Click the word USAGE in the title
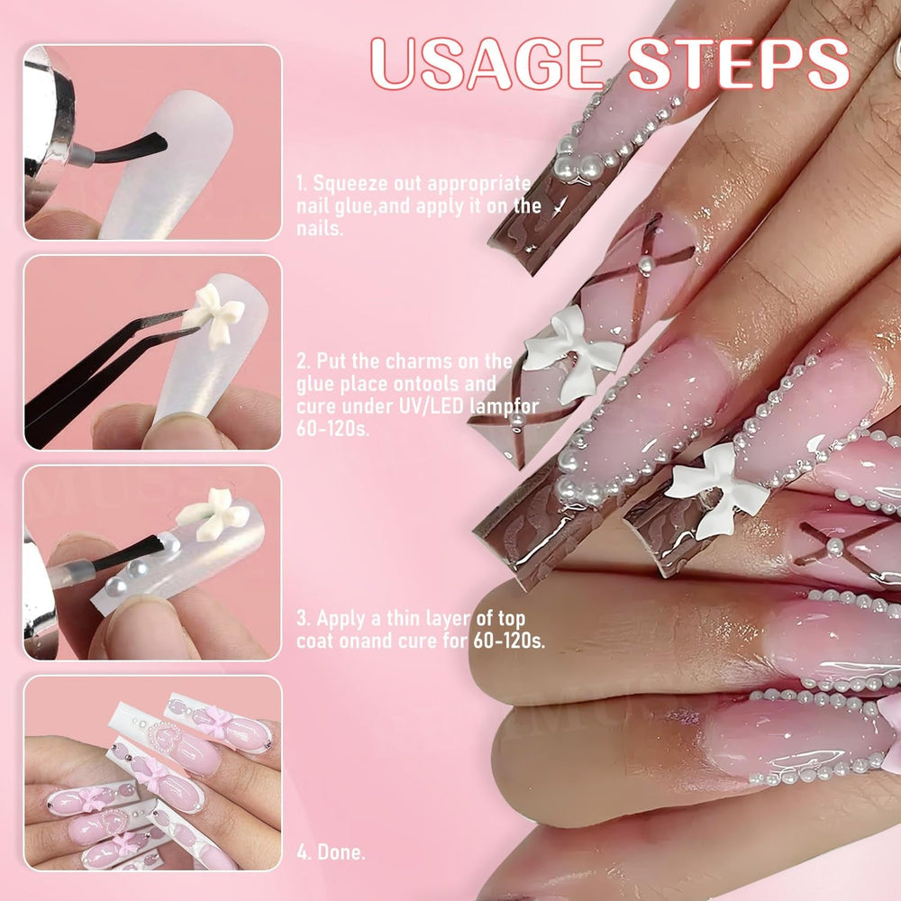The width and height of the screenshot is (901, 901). (x=487, y=64)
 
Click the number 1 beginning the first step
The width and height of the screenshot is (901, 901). (x=301, y=184)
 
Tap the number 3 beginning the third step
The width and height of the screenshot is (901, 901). (x=302, y=619)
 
